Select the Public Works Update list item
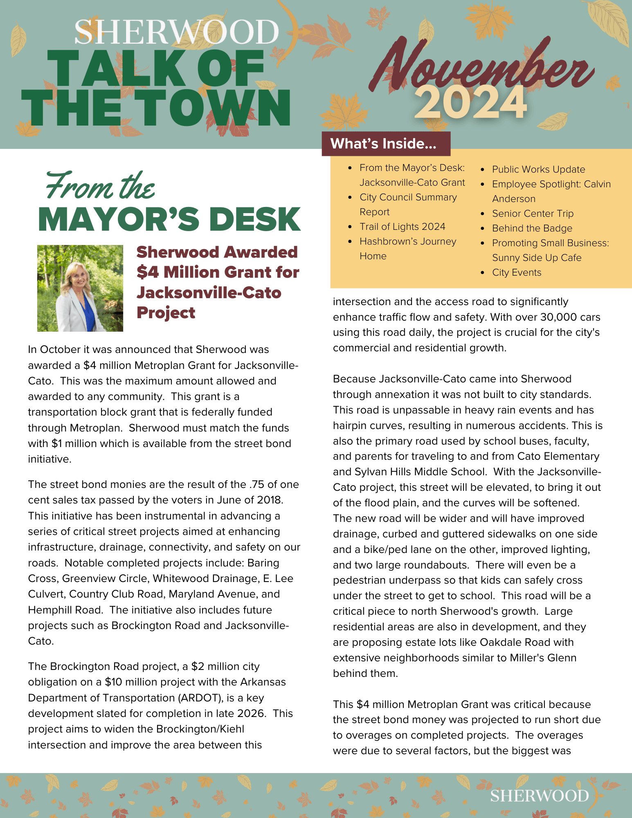pyautogui.click(x=538, y=169)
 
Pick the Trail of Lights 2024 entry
pyautogui.click(x=402, y=227)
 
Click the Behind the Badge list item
pyautogui.click(x=532, y=228)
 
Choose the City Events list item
pyautogui.click(x=516, y=272)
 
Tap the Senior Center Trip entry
pyautogui.click(x=533, y=213)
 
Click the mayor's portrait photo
pyautogui.click(x=80, y=288)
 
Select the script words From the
pyautogui.click(x=100, y=186)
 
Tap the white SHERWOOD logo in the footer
pyautogui.click(x=540, y=796)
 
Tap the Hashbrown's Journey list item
pyautogui.click(x=407, y=241)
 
